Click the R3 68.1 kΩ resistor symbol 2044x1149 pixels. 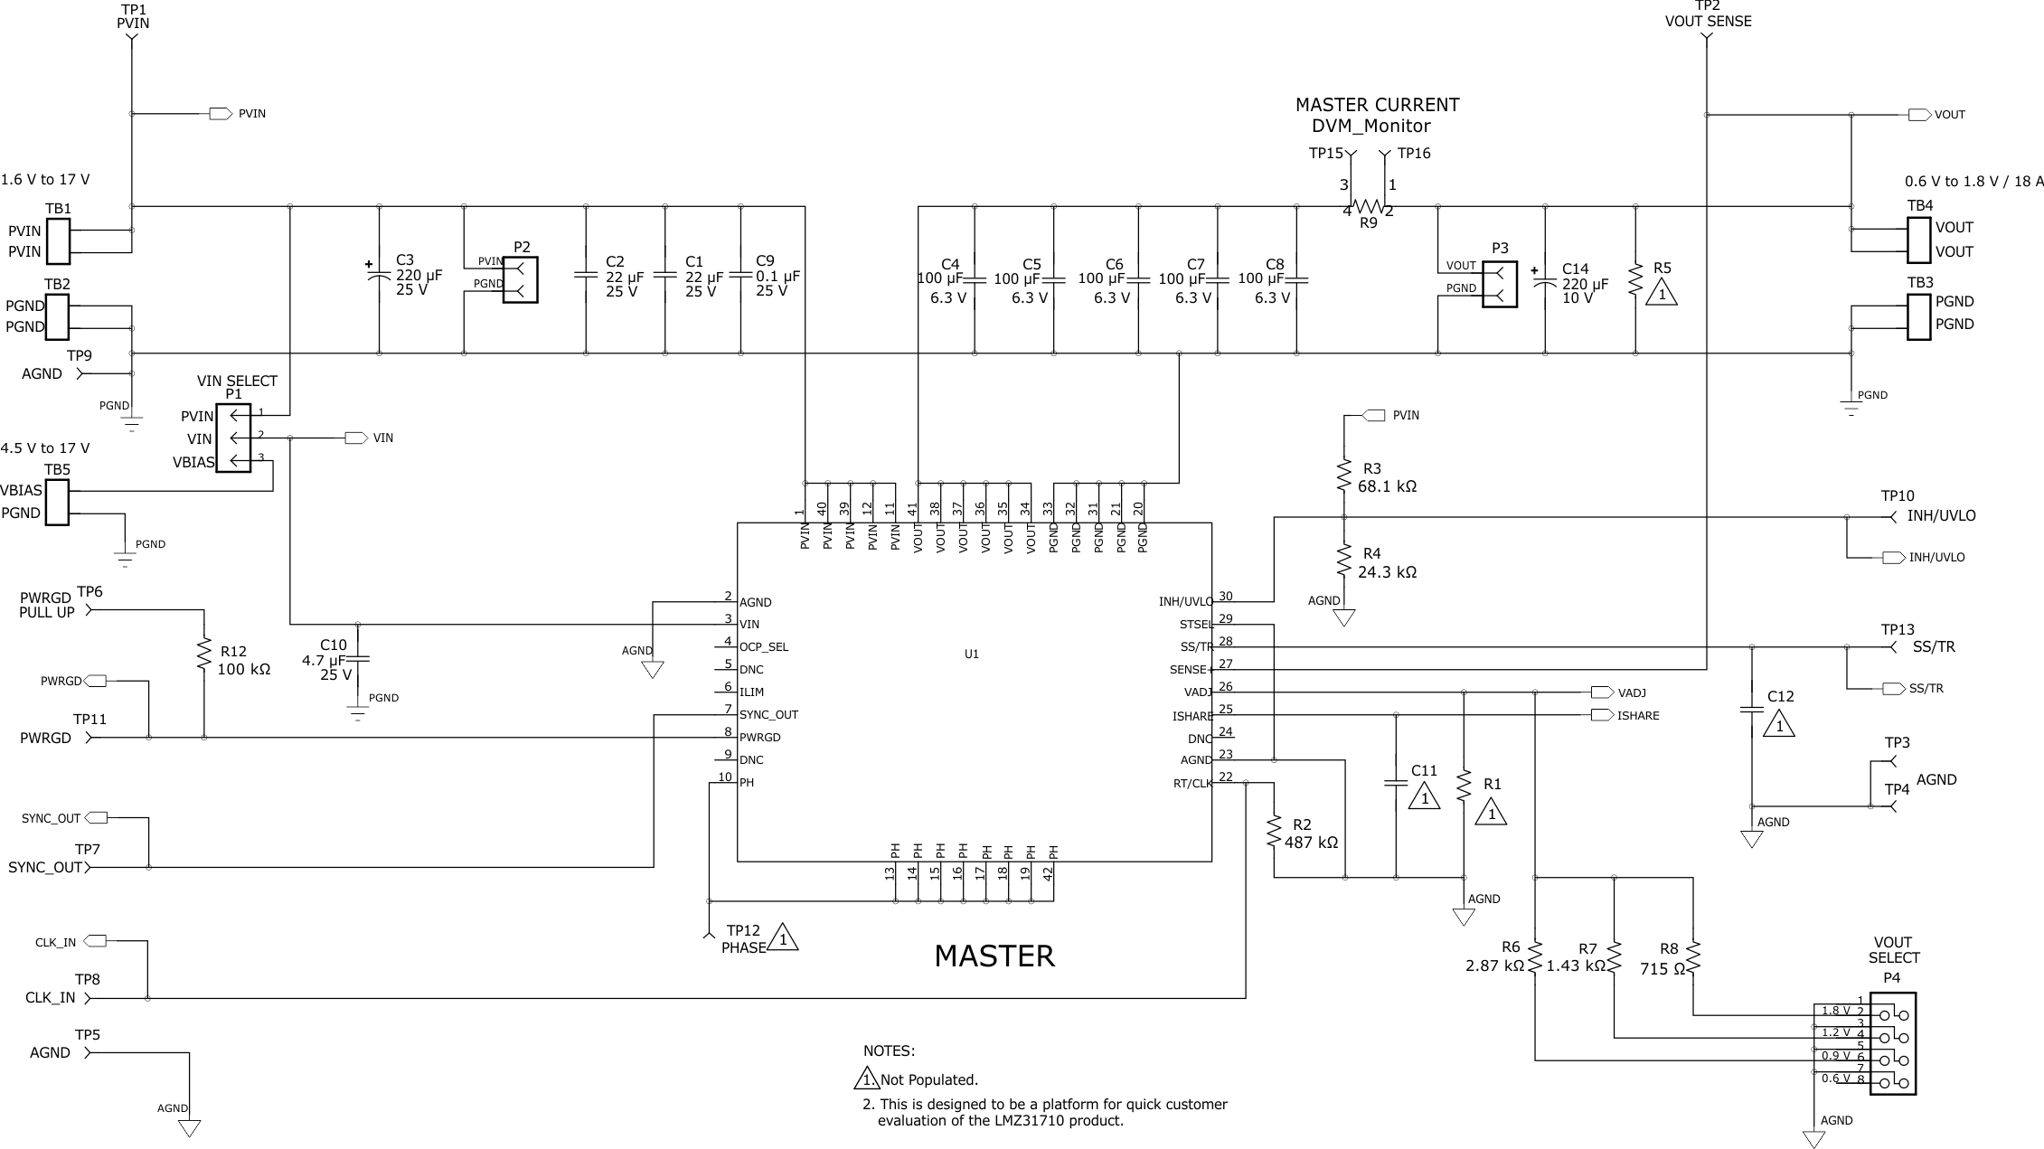click(1344, 476)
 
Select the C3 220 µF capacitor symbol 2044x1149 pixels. click(379, 275)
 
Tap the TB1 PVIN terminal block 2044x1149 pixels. click(57, 241)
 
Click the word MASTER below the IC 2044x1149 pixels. click(994, 956)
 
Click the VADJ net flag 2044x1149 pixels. click(1601, 692)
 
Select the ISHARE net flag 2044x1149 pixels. click(1601, 715)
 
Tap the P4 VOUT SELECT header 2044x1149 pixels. click(1893, 1044)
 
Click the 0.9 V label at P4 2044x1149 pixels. click(1835, 1056)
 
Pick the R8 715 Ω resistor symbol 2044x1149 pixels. click(1693, 956)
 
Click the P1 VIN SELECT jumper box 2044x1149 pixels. click(234, 438)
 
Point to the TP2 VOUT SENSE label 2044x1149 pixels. click(1708, 21)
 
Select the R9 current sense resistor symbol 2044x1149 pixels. click(1369, 207)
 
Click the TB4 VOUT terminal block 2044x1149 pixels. click(1918, 240)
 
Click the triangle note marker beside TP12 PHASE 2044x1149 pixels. click(783, 938)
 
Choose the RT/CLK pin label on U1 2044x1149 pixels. click(1192, 784)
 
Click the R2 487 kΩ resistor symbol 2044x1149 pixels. click(1274, 829)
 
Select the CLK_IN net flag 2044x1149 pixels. click(96, 941)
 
